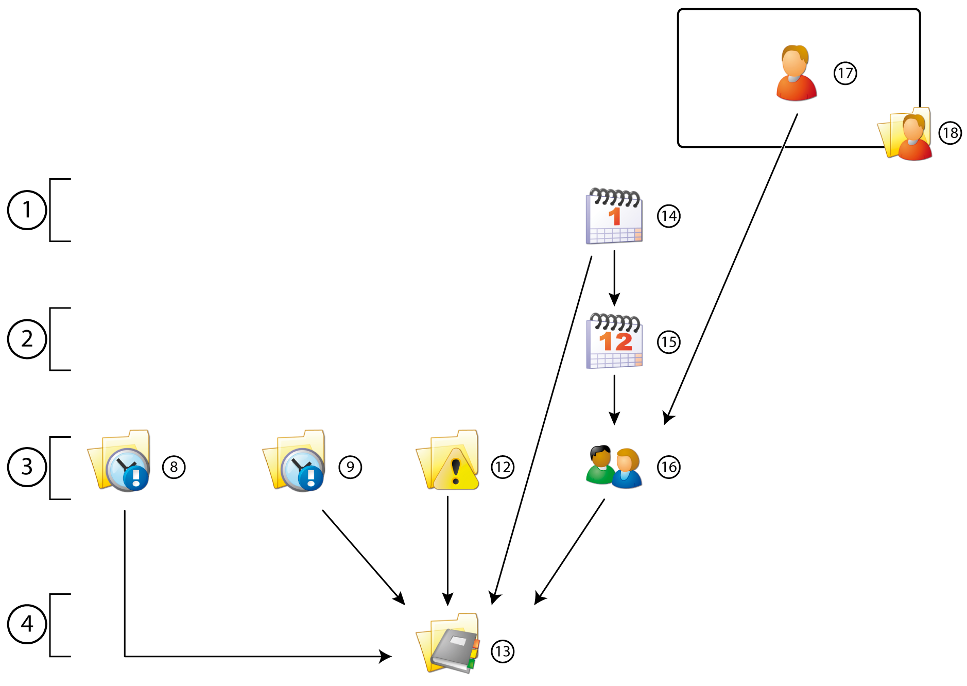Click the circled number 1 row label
pyautogui.click(x=27, y=210)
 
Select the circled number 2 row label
pyautogui.click(x=27, y=339)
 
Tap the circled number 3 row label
pyautogui.click(x=27, y=467)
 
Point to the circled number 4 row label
pyautogui.click(x=27, y=624)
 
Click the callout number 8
pyautogui.click(x=174, y=467)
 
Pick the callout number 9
pyautogui.click(x=350, y=467)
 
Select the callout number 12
pyautogui.click(x=503, y=467)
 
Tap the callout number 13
pyautogui.click(x=503, y=651)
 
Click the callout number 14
pyautogui.click(x=668, y=216)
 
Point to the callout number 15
pyautogui.click(x=668, y=342)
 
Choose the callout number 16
pyautogui.click(x=668, y=467)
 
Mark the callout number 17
pyautogui.click(x=845, y=73)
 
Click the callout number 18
pyautogui.click(x=950, y=133)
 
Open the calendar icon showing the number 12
pyautogui.click(x=614, y=341)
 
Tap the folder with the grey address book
pyautogui.click(x=448, y=644)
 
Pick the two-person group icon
pyautogui.click(x=614, y=467)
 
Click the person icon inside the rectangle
pyautogui.click(x=796, y=73)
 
